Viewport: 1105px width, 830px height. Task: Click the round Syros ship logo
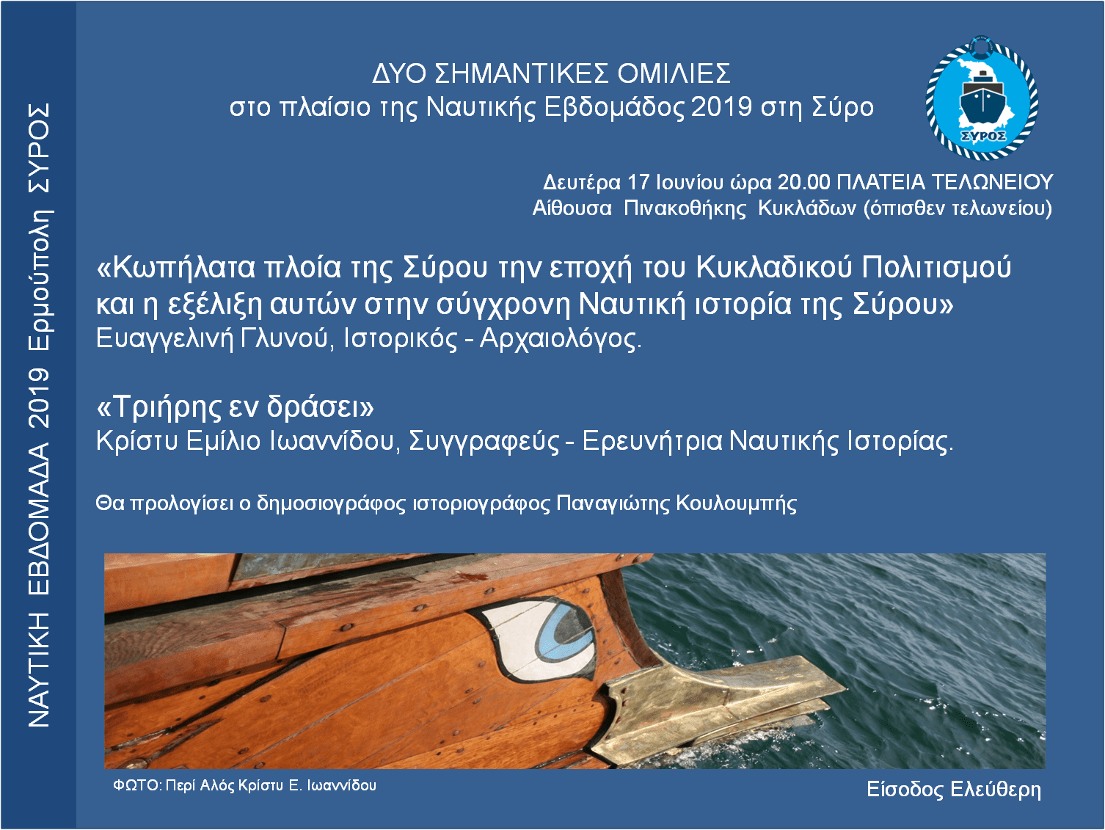click(x=982, y=98)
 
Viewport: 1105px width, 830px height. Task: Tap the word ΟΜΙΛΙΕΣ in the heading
click(x=674, y=73)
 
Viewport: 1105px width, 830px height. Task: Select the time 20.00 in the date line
click(x=803, y=182)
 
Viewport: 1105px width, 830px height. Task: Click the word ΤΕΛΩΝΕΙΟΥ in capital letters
click(x=992, y=182)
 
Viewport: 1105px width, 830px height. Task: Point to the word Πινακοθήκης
click(x=685, y=208)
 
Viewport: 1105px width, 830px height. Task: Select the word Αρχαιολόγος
click(x=561, y=339)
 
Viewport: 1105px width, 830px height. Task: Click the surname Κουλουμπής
click(x=736, y=503)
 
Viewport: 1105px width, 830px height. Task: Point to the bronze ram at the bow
click(x=715, y=705)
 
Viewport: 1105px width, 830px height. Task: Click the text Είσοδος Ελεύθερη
click(x=953, y=789)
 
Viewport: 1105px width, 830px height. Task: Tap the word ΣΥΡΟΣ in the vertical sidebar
click(x=40, y=148)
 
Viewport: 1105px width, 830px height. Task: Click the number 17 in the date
click(x=638, y=182)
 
